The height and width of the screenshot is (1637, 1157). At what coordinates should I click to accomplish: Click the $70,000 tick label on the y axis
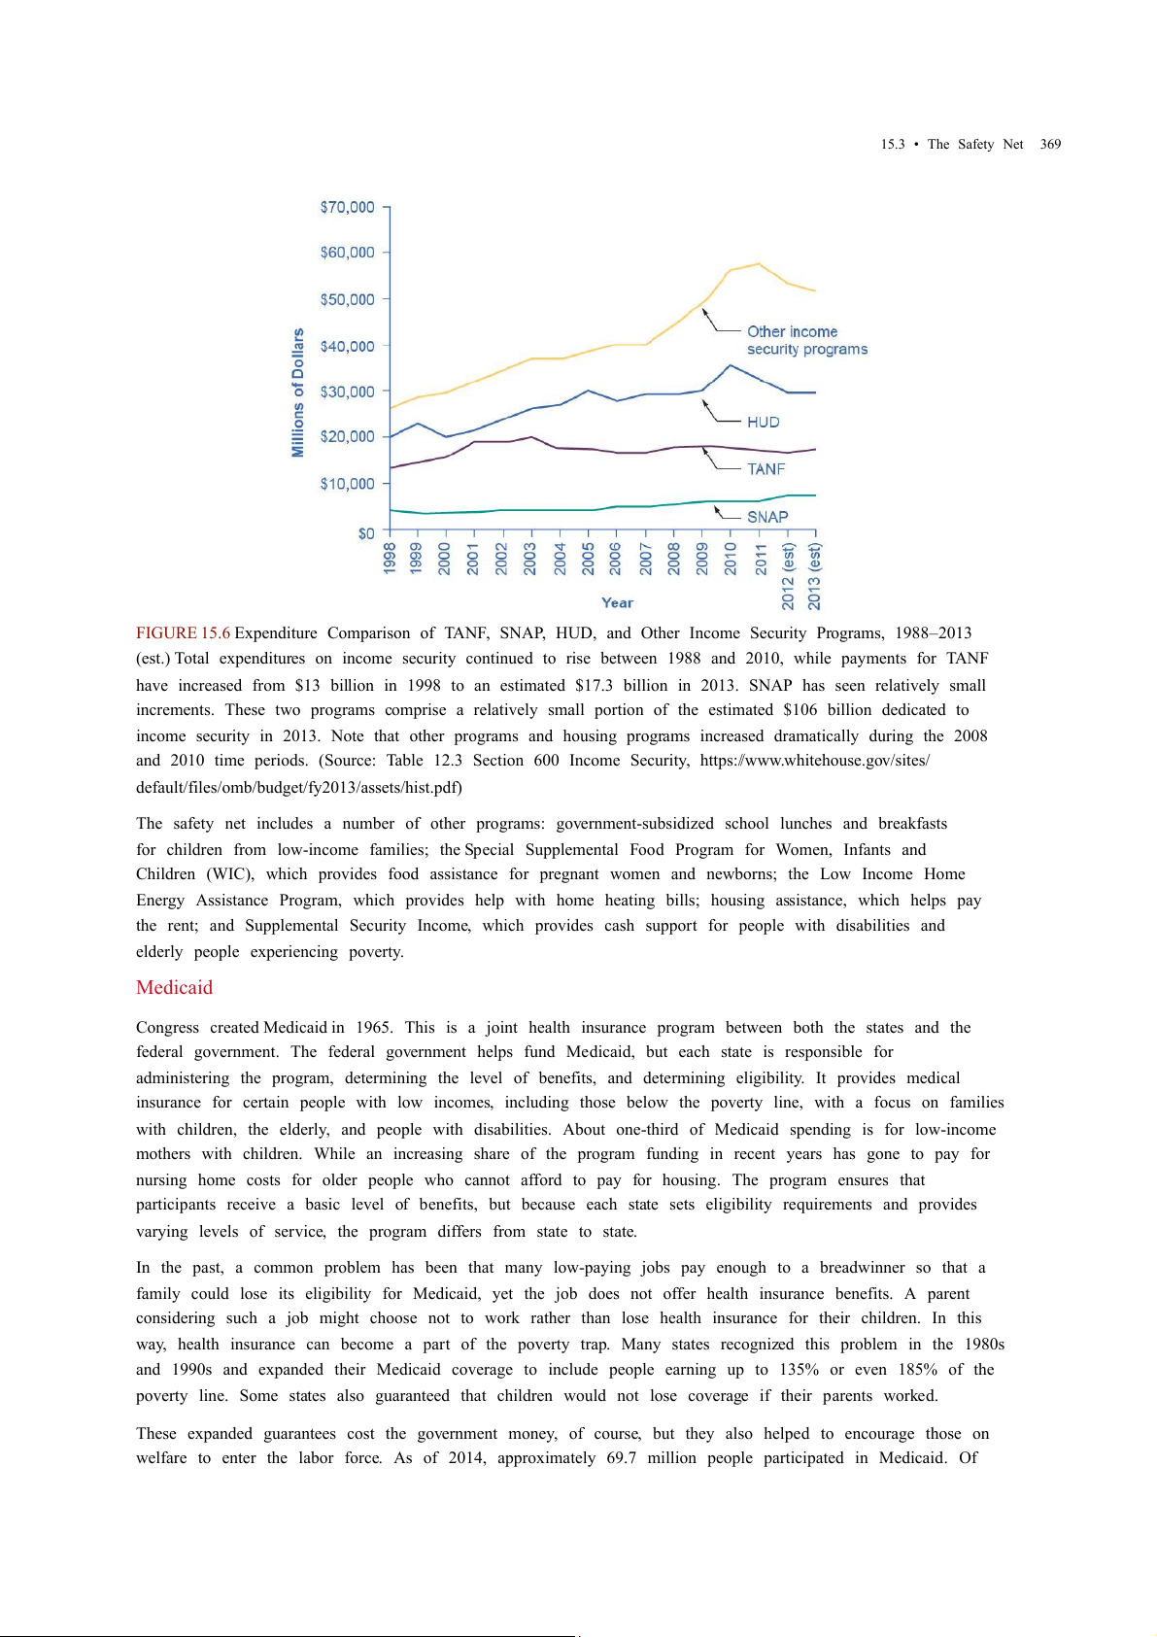(x=347, y=207)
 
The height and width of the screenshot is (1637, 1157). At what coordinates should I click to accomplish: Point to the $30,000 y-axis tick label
(x=347, y=392)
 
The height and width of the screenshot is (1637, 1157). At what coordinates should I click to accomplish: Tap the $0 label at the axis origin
(x=365, y=533)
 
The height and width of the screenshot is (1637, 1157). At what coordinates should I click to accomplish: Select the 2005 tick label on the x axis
(x=588, y=559)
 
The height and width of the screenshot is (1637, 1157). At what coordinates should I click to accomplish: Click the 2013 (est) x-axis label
(x=814, y=576)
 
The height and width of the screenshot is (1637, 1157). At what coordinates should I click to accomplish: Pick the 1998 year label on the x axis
(x=390, y=559)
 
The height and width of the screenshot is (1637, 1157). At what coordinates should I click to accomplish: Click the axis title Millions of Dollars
(x=298, y=392)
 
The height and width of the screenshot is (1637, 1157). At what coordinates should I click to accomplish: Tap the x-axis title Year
(x=617, y=602)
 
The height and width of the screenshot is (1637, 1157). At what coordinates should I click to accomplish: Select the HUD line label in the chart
(x=764, y=423)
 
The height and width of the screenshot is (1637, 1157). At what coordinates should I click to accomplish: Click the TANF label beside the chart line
(x=766, y=469)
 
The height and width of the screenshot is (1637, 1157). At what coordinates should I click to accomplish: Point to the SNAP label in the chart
(x=767, y=517)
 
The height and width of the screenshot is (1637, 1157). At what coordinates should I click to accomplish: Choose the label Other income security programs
(x=806, y=341)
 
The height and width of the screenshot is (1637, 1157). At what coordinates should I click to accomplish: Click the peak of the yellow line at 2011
(x=759, y=263)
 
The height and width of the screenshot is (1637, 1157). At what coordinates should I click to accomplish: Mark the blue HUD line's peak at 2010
(x=731, y=365)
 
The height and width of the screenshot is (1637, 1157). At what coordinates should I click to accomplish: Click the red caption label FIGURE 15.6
(x=183, y=633)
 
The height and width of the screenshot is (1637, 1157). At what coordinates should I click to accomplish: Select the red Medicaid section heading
(x=174, y=988)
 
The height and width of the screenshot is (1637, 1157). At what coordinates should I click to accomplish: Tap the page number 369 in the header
(x=1050, y=145)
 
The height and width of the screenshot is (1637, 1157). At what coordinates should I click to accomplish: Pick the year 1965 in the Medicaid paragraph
(x=374, y=1028)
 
